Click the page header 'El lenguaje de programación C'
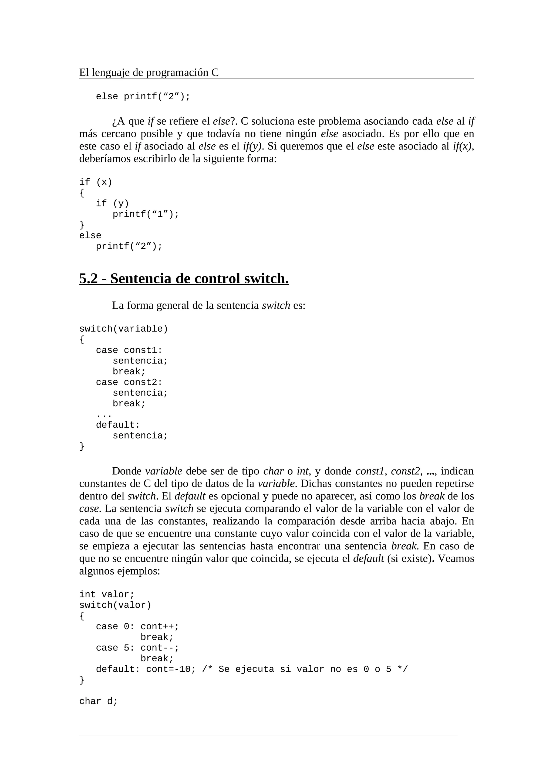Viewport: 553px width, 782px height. [x=149, y=73]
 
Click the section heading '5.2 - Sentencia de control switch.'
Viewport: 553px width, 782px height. [x=184, y=278]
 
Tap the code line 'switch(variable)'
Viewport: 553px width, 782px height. [x=124, y=329]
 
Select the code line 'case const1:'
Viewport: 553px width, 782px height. [x=129, y=350]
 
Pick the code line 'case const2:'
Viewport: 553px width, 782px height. [x=129, y=382]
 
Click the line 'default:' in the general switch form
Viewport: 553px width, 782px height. [x=118, y=425]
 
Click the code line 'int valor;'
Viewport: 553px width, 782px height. [x=107, y=595]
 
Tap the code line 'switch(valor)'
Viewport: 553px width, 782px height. [x=115, y=605]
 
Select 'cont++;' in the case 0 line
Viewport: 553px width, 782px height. [x=160, y=627]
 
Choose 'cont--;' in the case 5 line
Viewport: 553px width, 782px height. [x=160, y=648]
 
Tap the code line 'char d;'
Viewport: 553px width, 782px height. [x=99, y=701]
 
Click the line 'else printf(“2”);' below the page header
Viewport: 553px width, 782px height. [x=143, y=97]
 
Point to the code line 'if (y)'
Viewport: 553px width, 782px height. [x=112, y=204]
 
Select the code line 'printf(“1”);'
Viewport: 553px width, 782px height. [x=146, y=214]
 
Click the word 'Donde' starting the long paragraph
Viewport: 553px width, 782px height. [x=127, y=471]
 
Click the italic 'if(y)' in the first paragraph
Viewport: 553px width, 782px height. [x=252, y=147]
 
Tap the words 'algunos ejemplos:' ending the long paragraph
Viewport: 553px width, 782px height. [x=120, y=571]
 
